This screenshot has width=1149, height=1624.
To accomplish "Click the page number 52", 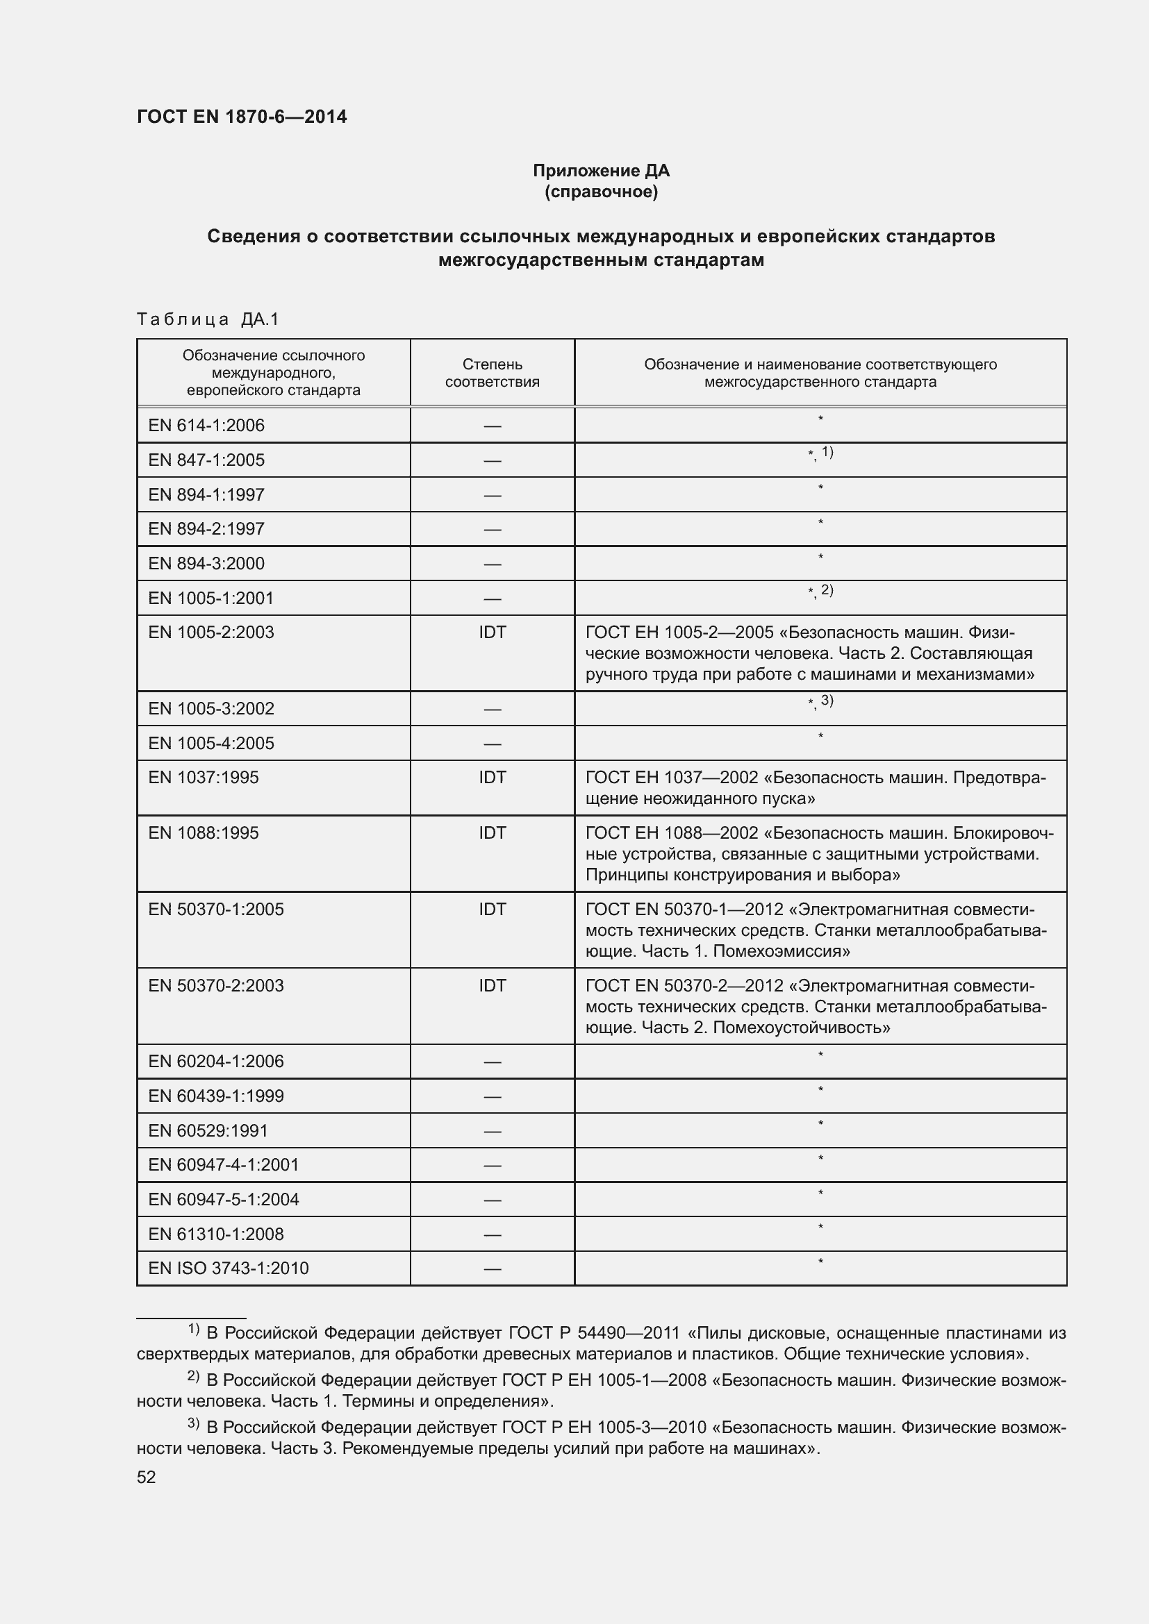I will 146,1477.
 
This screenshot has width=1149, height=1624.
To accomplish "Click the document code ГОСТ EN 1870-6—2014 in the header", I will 241,117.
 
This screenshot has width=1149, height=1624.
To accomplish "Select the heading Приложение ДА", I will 601,171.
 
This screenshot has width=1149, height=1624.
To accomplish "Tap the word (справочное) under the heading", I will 601,192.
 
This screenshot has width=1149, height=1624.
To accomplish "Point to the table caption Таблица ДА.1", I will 208,319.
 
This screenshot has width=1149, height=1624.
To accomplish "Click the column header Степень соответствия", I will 492,373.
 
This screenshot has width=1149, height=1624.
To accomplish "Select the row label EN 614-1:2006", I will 206,425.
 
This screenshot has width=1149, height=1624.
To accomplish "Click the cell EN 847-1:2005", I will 206,460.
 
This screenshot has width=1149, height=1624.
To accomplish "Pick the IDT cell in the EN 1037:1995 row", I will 492,778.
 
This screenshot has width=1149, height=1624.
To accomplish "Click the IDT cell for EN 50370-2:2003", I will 492,985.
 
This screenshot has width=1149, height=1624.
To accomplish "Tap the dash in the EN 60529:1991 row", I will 492,1131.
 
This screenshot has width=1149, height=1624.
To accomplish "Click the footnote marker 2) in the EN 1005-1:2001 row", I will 827,590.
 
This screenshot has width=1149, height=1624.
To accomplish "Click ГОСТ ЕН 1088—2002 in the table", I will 671,832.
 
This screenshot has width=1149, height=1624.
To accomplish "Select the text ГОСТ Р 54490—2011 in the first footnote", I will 593,1333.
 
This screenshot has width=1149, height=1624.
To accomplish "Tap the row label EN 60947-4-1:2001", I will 223,1165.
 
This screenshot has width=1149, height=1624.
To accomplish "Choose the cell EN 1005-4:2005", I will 211,743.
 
